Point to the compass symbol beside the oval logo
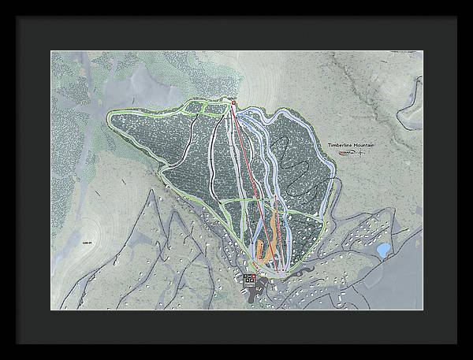tap(360, 153)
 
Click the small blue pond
tap(383, 251)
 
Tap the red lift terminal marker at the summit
tap(233, 102)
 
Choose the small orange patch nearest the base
tap(262, 249)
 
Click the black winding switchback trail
tap(296, 177)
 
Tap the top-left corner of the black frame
tap(2, 2)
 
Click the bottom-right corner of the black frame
tap(471, 358)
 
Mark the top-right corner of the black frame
tap(471, 2)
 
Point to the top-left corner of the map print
tap(52, 52)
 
